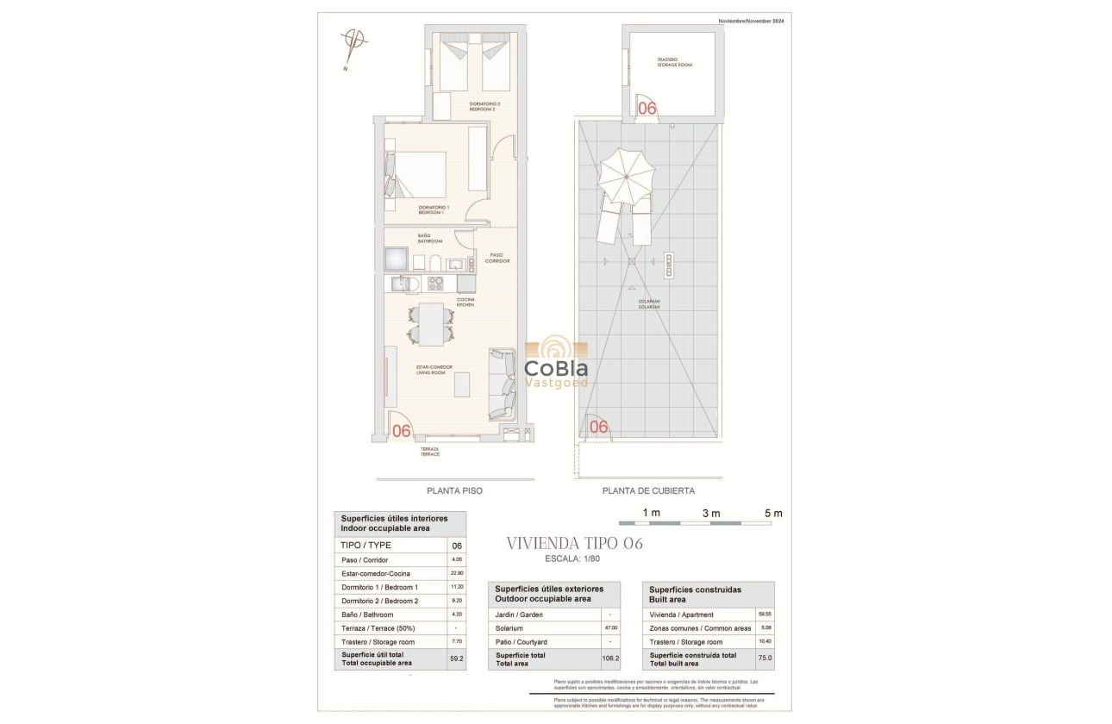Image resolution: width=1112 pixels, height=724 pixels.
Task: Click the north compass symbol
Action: pos(353,41)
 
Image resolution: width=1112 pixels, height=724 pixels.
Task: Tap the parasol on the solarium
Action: pos(627,175)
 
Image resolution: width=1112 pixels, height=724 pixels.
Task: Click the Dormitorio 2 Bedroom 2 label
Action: pos(484,107)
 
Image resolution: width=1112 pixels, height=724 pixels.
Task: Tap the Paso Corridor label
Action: pos(497,258)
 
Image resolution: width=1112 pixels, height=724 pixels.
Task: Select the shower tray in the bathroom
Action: pos(397,259)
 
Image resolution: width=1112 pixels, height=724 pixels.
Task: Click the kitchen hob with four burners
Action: pos(435,283)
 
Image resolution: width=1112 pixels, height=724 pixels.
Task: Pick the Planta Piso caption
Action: pos(454,491)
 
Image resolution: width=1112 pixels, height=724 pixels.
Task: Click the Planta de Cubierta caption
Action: pos(647,491)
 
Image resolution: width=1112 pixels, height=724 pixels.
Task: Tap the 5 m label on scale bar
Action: pos(773,514)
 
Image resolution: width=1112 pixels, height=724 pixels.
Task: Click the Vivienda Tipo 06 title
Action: pos(574,544)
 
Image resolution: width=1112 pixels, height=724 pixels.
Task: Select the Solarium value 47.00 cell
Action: pos(610,628)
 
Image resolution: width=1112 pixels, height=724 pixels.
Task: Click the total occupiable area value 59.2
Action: pos(456,658)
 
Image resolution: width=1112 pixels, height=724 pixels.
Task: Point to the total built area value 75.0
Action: pos(764,658)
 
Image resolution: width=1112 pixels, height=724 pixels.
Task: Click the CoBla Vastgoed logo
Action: pos(556,364)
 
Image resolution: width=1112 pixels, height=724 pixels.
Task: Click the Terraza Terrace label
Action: pos(429,451)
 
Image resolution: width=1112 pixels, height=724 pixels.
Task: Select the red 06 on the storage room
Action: pos(647,109)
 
